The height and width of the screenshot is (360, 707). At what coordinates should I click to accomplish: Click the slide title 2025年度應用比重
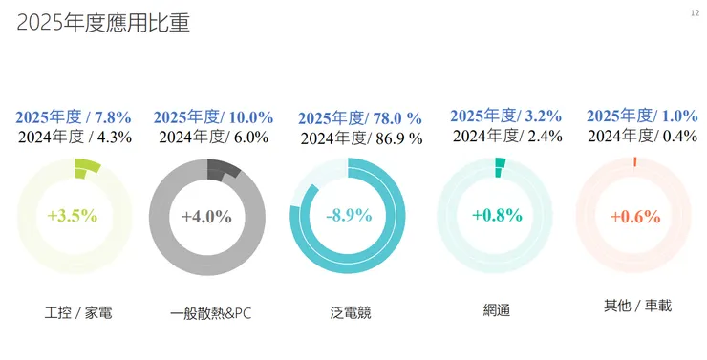click(102, 24)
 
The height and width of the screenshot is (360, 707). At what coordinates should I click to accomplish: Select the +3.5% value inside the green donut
click(73, 215)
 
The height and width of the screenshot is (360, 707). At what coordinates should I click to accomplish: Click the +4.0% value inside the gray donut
click(206, 216)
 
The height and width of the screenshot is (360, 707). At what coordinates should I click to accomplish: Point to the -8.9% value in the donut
click(348, 215)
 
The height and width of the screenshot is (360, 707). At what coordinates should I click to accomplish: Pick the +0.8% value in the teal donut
click(496, 215)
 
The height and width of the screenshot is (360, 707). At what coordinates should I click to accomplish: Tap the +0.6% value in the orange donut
click(635, 216)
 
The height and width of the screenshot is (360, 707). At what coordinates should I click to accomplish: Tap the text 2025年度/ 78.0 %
click(360, 118)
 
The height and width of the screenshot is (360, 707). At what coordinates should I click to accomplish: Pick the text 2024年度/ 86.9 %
click(360, 138)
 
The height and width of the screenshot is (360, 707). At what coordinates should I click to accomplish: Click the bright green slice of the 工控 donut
click(87, 169)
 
